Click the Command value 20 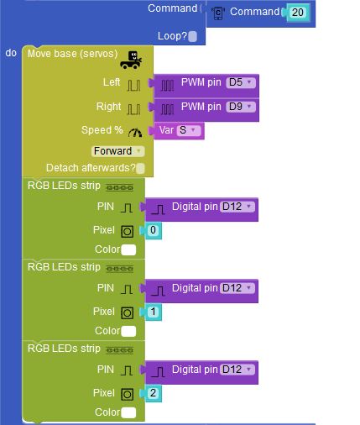click(297, 13)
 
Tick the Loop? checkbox click(192, 36)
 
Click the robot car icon click(131, 60)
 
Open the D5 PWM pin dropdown click(241, 82)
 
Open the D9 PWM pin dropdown click(241, 107)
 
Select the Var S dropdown click(189, 130)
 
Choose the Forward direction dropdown click(117, 151)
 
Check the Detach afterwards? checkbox click(140, 168)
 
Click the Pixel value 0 click(153, 230)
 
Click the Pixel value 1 click(153, 312)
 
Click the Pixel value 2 click(153, 393)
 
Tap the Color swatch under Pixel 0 click(128, 249)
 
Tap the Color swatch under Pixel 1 click(128, 331)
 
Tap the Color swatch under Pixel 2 click(128, 412)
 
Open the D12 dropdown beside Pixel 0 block click(237, 207)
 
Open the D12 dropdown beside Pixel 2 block click(237, 370)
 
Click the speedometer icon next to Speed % click(135, 132)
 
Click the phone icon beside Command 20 click(218, 13)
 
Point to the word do click(11, 53)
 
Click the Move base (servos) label click(72, 54)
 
